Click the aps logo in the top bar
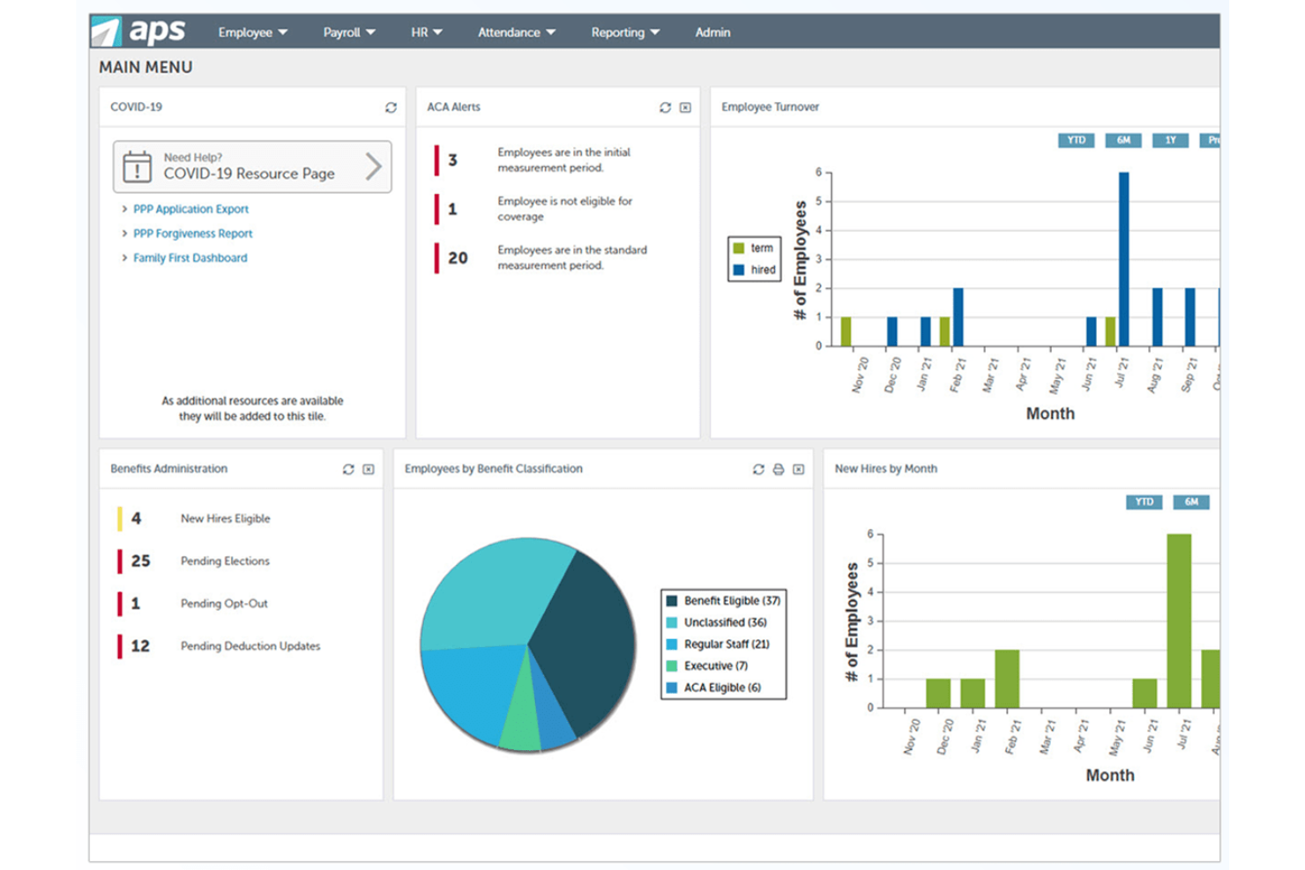[x=139, y=31]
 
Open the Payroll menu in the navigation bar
[x=348, y=33]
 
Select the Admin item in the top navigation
[x=712, y=33]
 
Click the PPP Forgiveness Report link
[x=192, y=234]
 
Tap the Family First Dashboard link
[x=190, y=258]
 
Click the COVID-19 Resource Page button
[x=252, y=167]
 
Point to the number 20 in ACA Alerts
[x=458, y=258]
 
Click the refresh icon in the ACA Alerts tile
[x=665, y=108]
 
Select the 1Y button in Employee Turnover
[x=1170, y=140]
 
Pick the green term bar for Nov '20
[x=846, y=331]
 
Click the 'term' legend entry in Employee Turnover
[x=754, y=249]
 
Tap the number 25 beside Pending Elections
[x=140, y=561]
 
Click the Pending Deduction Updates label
[x=250, y=646]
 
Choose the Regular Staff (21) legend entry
[x=725, y=644]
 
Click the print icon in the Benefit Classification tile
[x=778, y=470]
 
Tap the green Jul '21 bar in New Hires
[x=1179, y=621]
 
